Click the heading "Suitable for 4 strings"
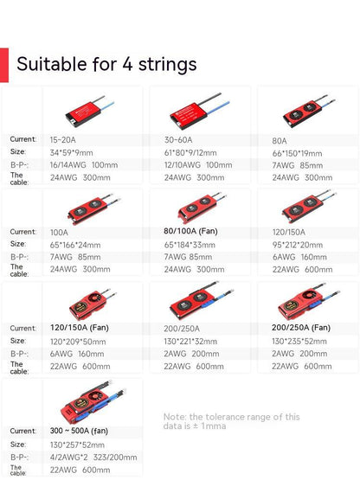(x=106, y=64)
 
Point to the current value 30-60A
(x=177, y=139)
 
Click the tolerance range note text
(x=232, y=420)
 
